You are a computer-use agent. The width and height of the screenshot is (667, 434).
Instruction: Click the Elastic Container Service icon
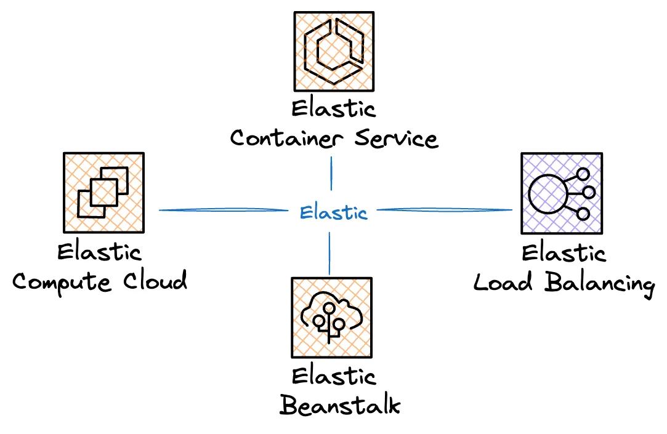pos(333,51)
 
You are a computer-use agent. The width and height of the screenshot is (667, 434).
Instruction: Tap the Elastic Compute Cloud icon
pos(103,193)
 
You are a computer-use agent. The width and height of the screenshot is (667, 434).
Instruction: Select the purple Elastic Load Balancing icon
pos(560,193)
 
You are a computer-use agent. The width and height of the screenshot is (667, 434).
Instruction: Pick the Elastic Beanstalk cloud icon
pos(332,317)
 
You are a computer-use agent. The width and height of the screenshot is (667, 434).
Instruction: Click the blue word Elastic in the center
pos(333,213)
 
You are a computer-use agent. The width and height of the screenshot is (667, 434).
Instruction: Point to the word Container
pos(284,138)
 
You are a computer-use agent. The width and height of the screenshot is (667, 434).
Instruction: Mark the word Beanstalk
pos(340,405)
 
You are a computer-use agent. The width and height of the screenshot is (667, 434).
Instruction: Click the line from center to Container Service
pos(331,174)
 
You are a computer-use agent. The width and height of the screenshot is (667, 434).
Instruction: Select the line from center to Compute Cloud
pos(225,211)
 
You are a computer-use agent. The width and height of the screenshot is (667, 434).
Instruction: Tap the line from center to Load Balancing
pos(443,210)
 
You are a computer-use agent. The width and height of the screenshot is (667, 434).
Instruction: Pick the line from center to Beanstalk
pos(329,253)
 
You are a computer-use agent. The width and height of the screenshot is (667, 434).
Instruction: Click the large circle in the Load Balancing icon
pos(546,193)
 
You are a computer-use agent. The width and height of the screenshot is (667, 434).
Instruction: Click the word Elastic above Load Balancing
pos(564,253)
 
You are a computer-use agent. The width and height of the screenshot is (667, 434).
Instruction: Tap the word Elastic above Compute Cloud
pos(99,252)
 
